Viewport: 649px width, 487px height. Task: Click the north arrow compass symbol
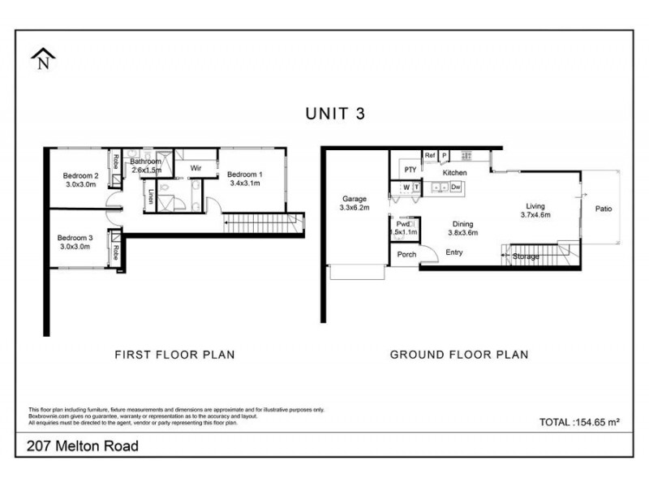coord(41,58)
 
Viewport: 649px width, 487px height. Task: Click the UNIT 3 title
coord(334,114)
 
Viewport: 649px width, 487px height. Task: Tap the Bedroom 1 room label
coord(244,175)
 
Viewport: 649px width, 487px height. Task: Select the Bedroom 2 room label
coord(81,175)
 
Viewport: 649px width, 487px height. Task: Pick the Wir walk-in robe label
coord(196,168)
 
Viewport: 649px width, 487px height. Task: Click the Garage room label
coord(355,198)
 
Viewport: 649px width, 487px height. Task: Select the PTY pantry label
coord(410,170)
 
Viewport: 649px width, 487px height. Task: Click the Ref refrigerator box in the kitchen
coord(430,155)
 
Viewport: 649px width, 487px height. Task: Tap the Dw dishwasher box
coord(456,187)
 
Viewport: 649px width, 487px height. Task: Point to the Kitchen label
coord(454,173)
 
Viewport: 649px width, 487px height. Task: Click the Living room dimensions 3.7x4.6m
coord(536,215)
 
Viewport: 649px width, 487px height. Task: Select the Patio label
coord(603,209)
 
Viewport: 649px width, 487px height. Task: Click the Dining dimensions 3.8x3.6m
coord(463,232)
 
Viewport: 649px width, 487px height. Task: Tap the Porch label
coord(406,254)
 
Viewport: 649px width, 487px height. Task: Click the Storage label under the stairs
coord(526,256)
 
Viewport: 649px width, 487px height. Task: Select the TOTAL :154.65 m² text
coord(579,422)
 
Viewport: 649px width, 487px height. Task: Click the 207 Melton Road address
coord(83,446)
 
